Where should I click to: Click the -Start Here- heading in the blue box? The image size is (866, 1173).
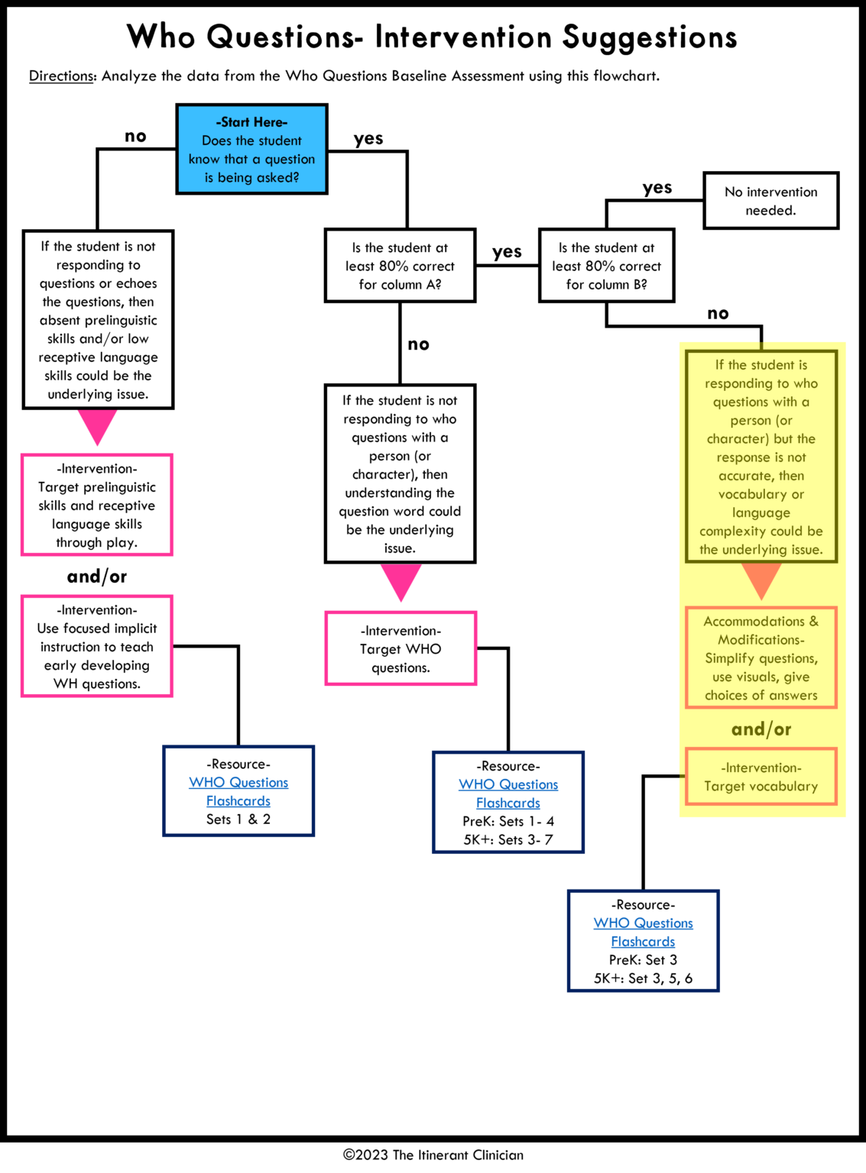click(x=251, y=122)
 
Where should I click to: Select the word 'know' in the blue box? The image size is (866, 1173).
click(x=204, y=160)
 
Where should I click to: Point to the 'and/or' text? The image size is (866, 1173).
click(x=761, y=729)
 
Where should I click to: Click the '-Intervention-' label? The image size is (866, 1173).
click(x=761, y=768)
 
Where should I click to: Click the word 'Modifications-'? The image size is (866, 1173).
click(x=761, y=640)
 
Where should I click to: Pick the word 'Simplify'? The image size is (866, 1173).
click(x=729, y=658)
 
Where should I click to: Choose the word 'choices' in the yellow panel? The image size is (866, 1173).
click(x=725, y=696)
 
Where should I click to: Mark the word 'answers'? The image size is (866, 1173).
click(x=793, y=696)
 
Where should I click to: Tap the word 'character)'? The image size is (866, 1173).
click(x=738, y=439)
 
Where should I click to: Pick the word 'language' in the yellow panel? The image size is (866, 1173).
click(x=761, y=513)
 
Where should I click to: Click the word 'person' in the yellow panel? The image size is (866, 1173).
click(x=751, y=421)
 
